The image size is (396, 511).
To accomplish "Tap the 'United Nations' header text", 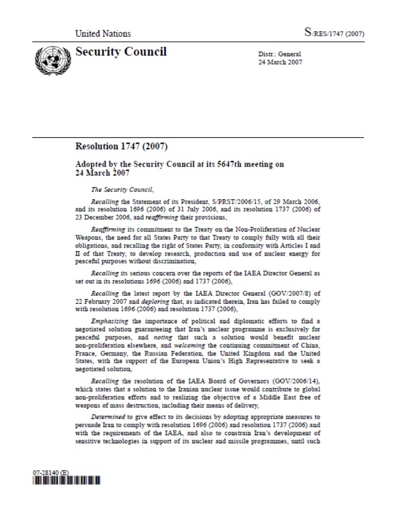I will tap(103, 34).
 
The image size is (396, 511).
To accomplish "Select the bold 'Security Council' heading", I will tap(121, 52).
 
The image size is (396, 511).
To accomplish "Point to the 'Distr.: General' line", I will tap(279, 55).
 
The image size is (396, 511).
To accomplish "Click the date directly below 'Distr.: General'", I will tap(279, 61).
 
